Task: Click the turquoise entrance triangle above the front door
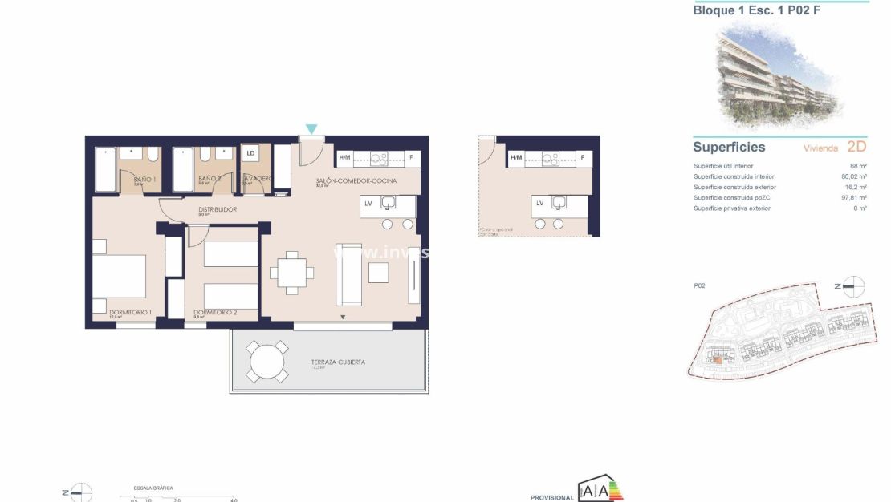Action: (311, 129)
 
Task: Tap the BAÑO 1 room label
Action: (144, 179)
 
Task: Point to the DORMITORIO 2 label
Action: (215, 312)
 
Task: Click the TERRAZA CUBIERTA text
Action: (338, 362)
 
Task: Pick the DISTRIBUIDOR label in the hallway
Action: (218, 209)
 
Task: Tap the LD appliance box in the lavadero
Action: (250, 152)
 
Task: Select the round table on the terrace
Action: (267, 362)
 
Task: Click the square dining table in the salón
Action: (292, 270)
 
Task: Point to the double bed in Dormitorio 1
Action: (119, 277)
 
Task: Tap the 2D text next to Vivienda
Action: (856, 148)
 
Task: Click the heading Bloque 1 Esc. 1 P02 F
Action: (756, 11)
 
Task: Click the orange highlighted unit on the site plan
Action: (718, 360)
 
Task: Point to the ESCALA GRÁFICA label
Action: (153, 488)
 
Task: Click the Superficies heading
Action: (729, 148)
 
